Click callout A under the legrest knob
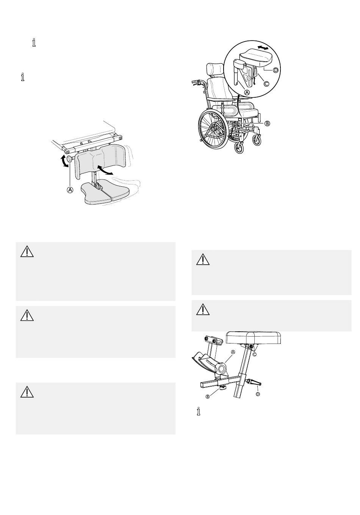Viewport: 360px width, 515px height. point(70,190)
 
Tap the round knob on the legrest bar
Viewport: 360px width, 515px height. point(69,159)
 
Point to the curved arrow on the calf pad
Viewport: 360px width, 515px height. point(105,169)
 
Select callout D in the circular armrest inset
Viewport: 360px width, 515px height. point(276,70)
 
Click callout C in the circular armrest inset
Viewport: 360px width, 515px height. point(266,84)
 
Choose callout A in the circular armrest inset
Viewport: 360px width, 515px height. point(247,92)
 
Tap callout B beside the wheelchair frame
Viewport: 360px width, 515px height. point(267,124)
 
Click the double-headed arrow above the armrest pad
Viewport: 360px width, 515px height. point(263,48)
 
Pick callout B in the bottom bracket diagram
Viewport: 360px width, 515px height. point(208,396)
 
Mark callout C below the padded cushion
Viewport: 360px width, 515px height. point(254,354)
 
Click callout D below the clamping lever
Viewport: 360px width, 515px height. point(258,394)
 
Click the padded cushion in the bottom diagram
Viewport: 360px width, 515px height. point(254,337)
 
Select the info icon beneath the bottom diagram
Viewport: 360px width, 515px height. point(199,412)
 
